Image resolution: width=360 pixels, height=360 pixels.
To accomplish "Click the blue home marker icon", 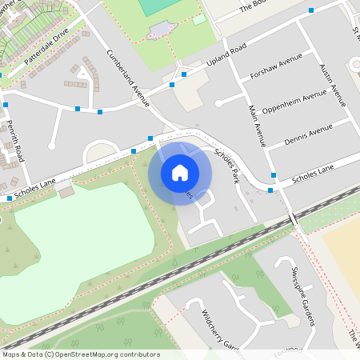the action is click(180, 172).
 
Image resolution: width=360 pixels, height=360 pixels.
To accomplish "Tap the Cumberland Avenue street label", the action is click(129, 78).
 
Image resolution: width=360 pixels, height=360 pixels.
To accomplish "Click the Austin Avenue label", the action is click(331, 86).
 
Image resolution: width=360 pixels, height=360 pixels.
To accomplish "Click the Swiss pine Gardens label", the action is click(302, 297).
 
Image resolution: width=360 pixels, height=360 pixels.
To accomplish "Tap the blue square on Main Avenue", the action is click(274, 174).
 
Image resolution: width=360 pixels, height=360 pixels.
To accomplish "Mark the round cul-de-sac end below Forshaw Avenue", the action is click(218, 102).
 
